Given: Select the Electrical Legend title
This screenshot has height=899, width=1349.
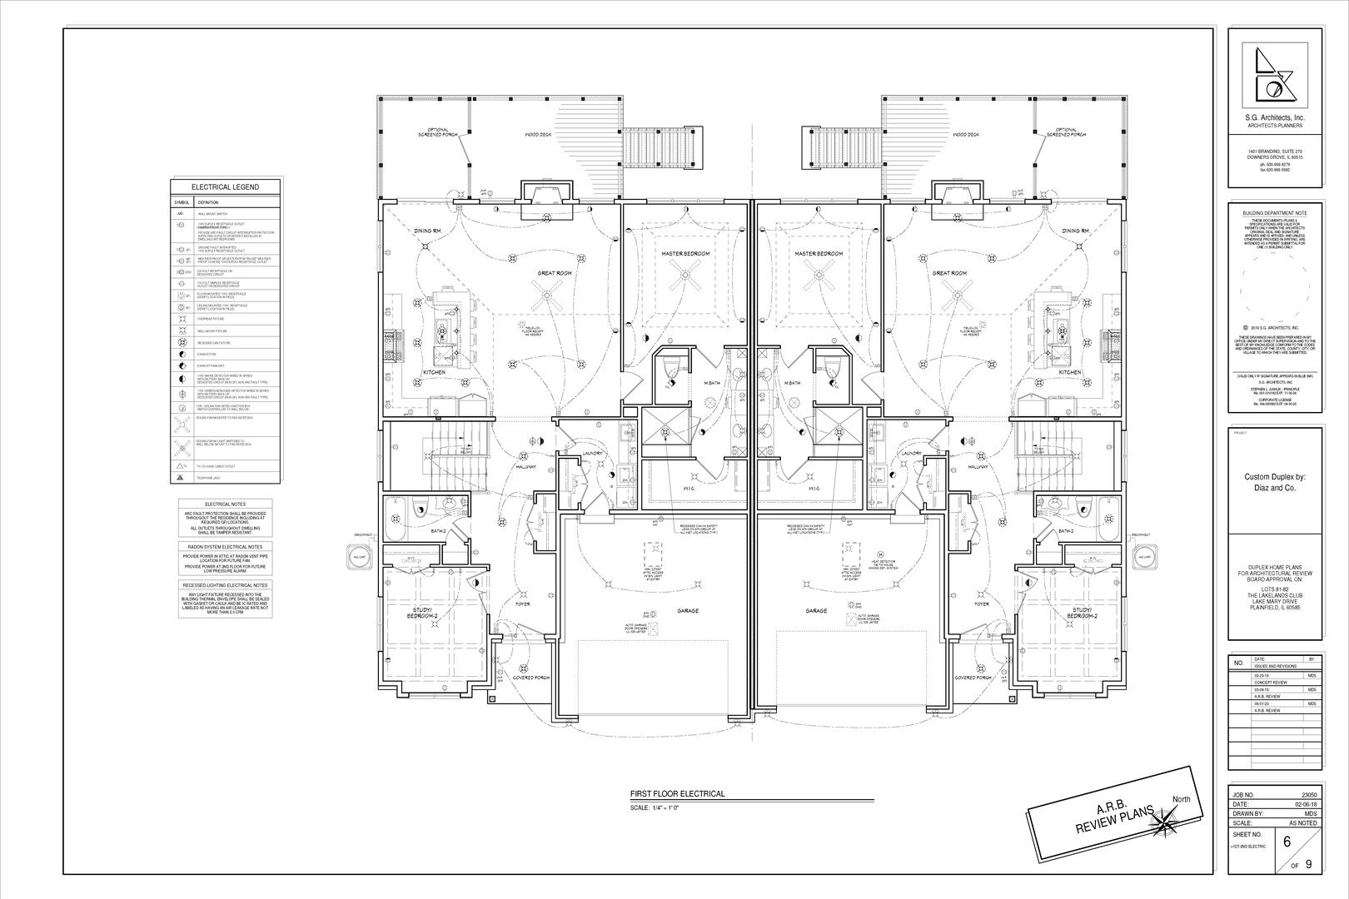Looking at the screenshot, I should [x=225, y=187].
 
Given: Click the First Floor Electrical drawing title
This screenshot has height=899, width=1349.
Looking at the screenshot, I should [x=677, y=794].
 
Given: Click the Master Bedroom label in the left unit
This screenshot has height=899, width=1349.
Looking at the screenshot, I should [x=685, y=253].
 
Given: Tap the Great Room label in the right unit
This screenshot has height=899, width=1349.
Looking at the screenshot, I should [x=948, y=273].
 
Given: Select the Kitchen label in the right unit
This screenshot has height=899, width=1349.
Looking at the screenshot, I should [x=1069, y=372].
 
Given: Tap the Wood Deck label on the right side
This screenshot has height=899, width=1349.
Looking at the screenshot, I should [x=966, y=134].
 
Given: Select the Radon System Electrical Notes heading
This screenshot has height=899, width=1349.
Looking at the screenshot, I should [x=225, y=547].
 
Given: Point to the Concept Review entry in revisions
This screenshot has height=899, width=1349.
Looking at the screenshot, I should [x=1266, y=683].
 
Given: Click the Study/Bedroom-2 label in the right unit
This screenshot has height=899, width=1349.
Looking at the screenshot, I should [x=1083, y=613].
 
